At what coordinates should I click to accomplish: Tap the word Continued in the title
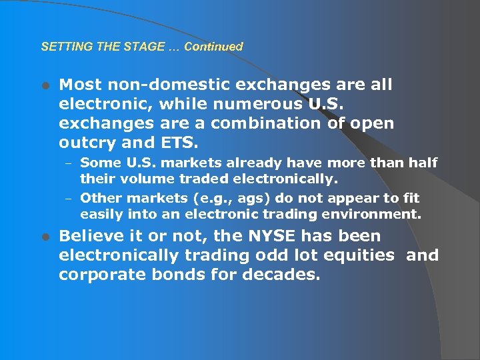213,47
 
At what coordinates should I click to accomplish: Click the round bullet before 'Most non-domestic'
45,85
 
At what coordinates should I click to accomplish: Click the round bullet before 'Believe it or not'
45,237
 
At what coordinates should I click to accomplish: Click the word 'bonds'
197,275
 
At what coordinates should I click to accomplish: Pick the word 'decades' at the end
283,275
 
